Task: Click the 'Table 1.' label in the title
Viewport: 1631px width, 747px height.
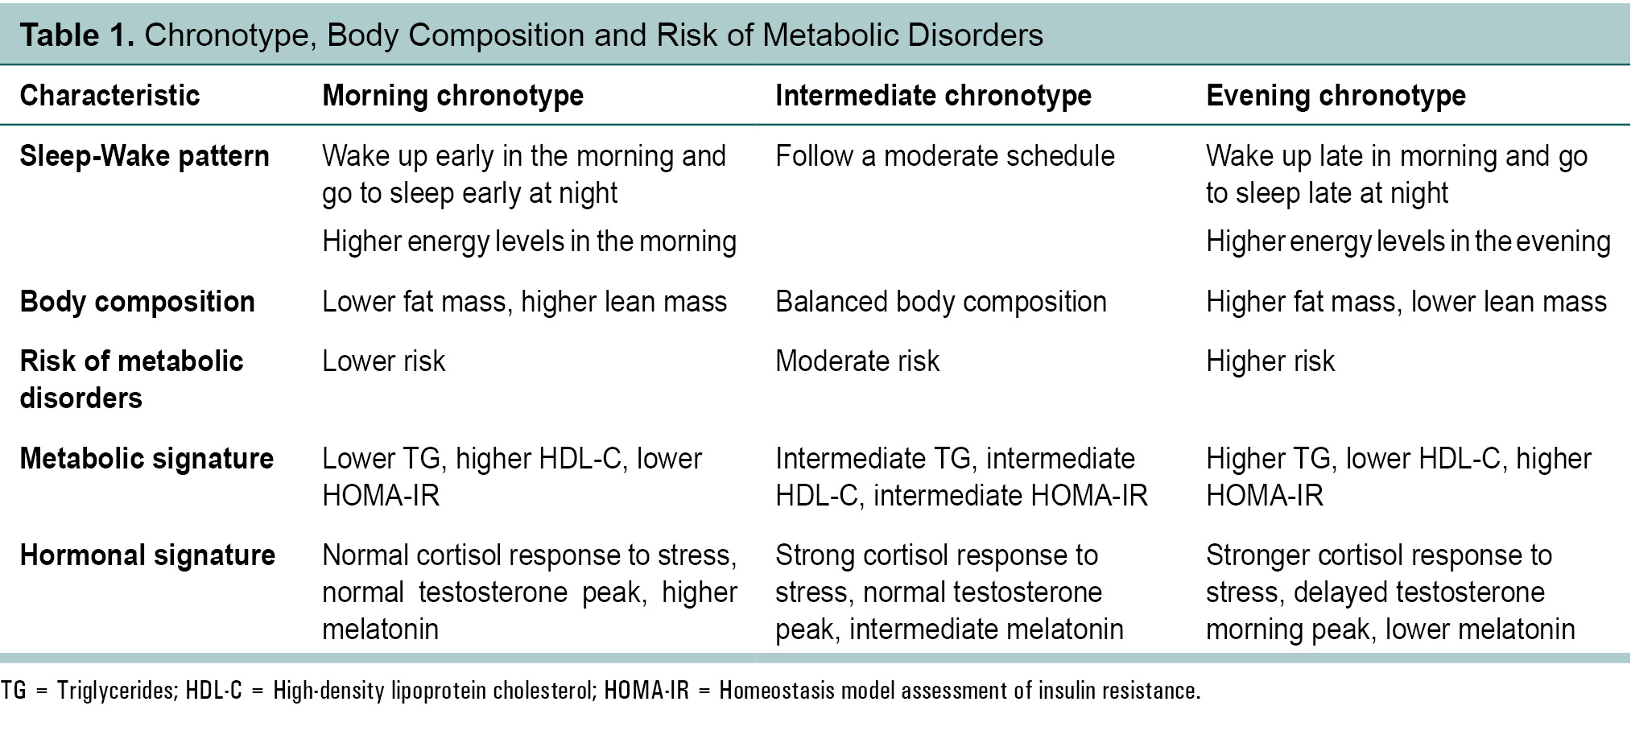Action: click(x=76, y=35)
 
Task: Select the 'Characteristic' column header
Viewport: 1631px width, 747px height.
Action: click(x=109, y=96)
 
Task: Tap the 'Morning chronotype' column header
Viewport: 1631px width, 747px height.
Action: click(x=452, y=96)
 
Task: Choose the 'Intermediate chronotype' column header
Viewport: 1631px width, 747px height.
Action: click(x=933, y=96)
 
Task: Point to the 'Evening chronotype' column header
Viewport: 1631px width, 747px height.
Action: click(x=1336, y=96)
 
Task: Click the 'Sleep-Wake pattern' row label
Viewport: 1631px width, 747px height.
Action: click(x=144, y=156)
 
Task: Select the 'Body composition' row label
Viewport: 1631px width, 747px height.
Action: click(x=137, y=302)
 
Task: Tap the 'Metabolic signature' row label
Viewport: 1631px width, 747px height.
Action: click(x=147, y=459)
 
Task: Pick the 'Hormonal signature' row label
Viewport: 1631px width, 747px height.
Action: click(x=147, y=555)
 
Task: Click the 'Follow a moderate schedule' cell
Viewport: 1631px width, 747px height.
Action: click(x=944, y=156)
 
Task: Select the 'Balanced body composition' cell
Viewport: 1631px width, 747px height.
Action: click(x=940, y=302)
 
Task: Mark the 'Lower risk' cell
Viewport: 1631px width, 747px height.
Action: click(x=383, y=361)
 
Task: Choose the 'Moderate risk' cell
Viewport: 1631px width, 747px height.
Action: click(x=857, y=361)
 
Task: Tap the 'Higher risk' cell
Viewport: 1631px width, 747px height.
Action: click(x=1270, y=361)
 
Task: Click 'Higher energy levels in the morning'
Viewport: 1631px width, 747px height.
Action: click(x=529, y=241)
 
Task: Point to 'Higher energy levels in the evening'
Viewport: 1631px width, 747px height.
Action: click(x=1407, y=241)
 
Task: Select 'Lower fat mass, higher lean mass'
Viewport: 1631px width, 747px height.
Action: click(x=524, y=302)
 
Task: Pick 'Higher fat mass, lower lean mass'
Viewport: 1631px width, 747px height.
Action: click(x=1406, y=302)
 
